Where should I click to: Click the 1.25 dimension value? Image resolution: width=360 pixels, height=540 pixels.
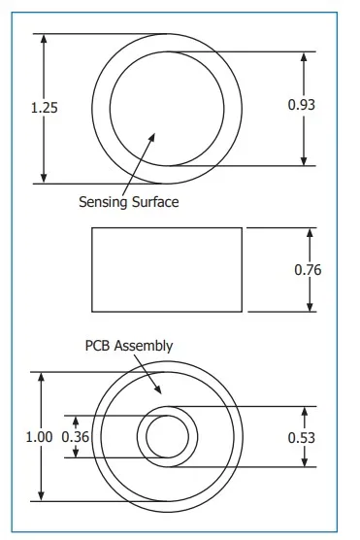click(45, 108)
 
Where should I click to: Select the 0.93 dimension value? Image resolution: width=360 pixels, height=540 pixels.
click(302, 104)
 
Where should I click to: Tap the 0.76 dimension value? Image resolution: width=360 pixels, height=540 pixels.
click(308, 269)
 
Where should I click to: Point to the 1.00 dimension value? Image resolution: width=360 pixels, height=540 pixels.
click(39, 437)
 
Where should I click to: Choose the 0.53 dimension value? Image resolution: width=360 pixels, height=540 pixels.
click(303, 437)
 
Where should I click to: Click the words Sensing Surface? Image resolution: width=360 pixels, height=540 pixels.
click(129, 202)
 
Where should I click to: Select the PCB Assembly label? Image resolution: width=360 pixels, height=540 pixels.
click(129, 346)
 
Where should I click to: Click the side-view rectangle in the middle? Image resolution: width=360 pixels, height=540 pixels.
click(166, 269)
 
